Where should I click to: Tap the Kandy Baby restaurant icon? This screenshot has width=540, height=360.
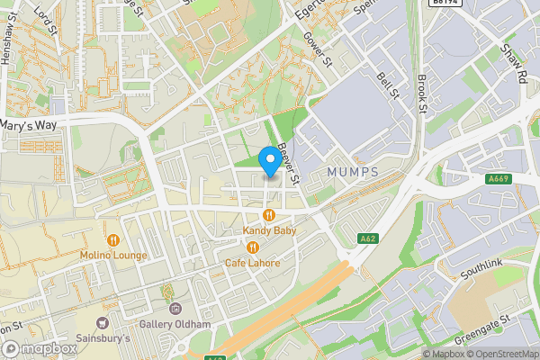269,215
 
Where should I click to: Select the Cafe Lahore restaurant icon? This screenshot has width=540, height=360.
253,247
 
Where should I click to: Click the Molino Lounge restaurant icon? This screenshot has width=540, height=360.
113,240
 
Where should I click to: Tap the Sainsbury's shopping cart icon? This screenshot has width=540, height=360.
102,323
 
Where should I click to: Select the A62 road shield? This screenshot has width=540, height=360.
366,238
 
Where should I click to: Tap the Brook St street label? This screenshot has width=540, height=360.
420,94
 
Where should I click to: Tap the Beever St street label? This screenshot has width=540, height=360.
289,149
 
